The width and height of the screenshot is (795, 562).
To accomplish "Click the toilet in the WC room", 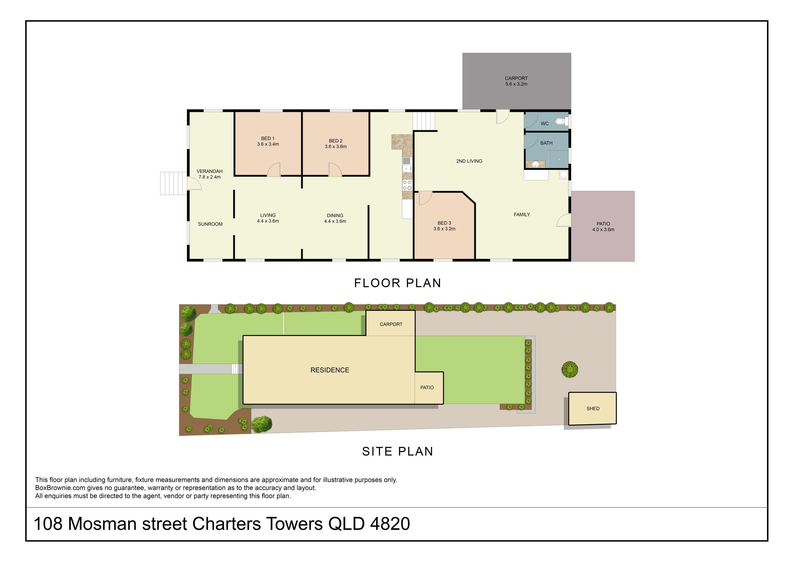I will (x=560, y=121).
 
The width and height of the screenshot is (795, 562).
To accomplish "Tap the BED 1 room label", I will (x=268, y=138).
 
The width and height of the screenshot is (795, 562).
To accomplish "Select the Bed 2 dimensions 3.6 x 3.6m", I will (x=335, y=147).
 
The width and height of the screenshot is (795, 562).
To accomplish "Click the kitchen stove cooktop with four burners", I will (x=407, y=185).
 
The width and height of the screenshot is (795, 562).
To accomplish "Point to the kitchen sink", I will (x=407, y=168).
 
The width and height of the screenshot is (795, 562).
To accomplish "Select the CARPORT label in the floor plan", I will (x=516, y=78).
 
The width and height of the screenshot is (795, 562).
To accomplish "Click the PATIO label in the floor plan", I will (x=603, y=224).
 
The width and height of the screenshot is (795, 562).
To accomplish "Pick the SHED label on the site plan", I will (x=593, y=408).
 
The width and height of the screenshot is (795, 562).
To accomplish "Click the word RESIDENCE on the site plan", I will (x=329, y=370).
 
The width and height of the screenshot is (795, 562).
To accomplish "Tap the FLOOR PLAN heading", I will (x=397, y=283).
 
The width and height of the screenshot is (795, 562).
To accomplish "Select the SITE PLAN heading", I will (x=397, y=451).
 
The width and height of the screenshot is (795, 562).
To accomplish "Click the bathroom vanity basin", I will (x=535, y=164).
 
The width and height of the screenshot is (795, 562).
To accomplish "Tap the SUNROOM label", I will (x=210, y=224).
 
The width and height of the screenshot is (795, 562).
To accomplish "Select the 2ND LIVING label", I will (x=469, y=161).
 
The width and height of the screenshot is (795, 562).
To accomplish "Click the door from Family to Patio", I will (x=564, y=220).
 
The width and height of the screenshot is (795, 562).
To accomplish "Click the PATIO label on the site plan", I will (x=427, y=388).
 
